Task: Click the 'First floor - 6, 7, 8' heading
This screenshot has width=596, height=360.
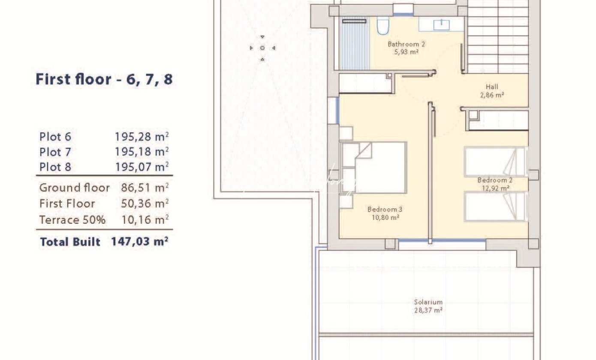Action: (x=104, y=79)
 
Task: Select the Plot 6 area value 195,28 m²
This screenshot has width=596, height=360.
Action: (x=142, y=137)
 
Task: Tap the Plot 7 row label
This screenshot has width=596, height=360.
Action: (x=55, y=152)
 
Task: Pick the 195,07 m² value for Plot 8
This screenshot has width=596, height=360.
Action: (x=142, y=167)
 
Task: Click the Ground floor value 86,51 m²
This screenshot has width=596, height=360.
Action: (x=145, y=188)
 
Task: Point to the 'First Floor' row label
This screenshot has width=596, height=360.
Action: (x=67, y=204)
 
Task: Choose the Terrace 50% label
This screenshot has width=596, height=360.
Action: (x=72, y=220)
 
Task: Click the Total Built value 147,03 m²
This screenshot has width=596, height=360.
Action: (x=140, y=242)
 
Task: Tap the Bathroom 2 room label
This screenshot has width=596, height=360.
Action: (x=406, y=44)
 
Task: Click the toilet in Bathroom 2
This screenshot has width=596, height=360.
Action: (x=383, y=26)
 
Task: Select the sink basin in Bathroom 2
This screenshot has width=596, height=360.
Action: (x=441, y=25)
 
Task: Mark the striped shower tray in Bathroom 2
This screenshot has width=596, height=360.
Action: (x=355, y=43)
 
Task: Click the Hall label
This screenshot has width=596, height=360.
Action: (x=492, y=87)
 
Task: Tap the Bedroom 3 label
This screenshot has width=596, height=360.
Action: (x=385, y=209)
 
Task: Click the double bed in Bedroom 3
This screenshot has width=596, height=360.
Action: (x=373, y=168)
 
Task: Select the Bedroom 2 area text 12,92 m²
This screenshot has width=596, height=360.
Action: (x=495, y=188)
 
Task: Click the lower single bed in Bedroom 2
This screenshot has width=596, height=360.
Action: (x=495, y=206)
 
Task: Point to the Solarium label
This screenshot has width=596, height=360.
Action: (x=428, y=302)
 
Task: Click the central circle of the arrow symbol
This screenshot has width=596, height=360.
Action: (x=262, y=48)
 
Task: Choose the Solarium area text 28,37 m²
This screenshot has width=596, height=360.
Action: (x=428, y=310)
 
